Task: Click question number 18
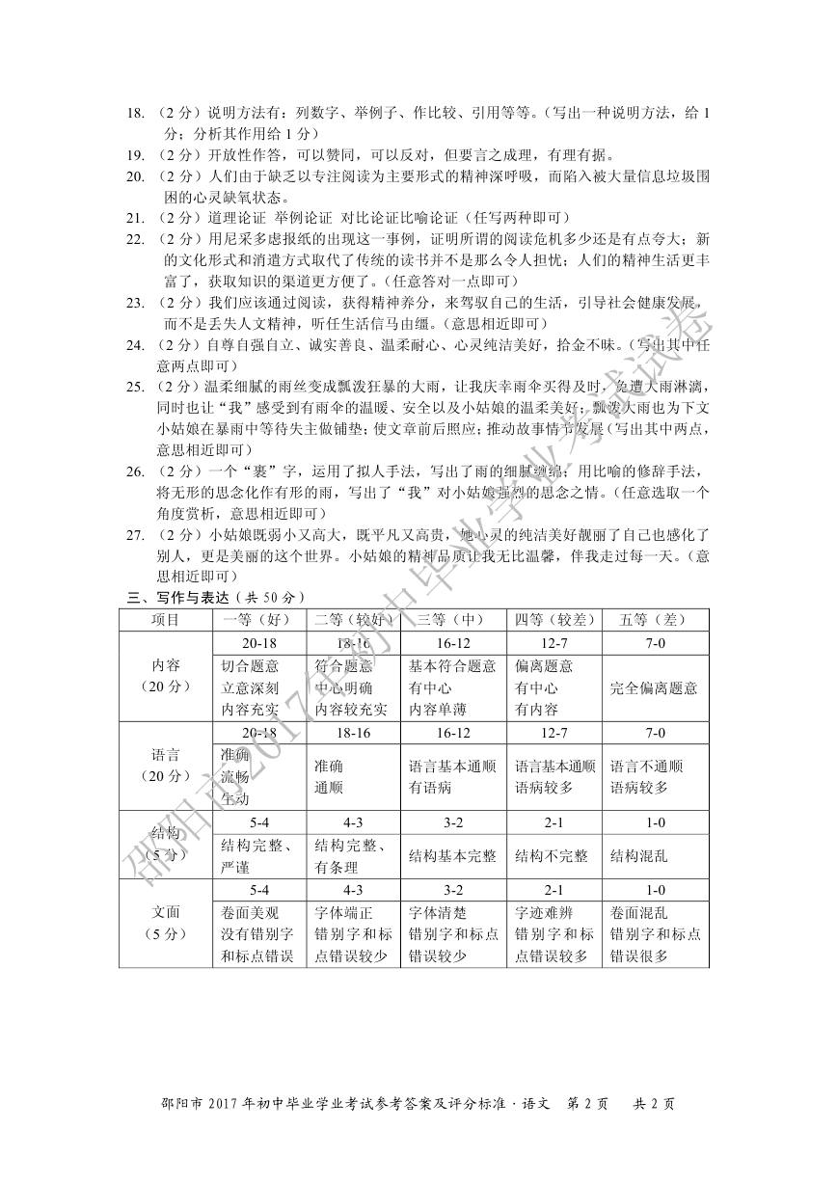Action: point(136,113)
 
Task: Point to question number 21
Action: point(136,217)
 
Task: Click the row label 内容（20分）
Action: point(166,677)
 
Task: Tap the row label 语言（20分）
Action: point(166,766)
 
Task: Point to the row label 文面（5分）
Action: point(166,922)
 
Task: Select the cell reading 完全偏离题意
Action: point(655,688)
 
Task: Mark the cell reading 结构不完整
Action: point(552,855)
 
